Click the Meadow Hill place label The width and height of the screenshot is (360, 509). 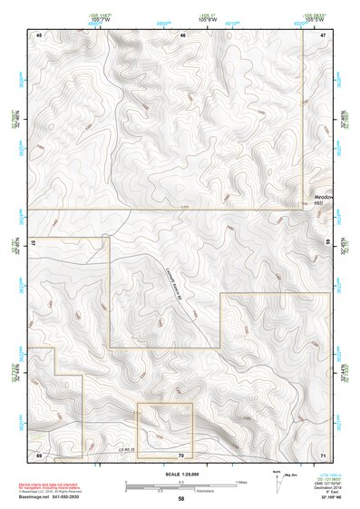coord(324,200)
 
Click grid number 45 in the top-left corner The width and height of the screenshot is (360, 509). coord(39,34)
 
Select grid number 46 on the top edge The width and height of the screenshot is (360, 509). coord(182,34)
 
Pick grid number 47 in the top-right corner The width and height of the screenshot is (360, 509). coord(323,34)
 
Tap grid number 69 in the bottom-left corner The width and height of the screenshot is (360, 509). coord(39,454)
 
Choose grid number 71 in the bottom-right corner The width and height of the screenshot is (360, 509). coord(323,454)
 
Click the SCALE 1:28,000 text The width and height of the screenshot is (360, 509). coord(181,474)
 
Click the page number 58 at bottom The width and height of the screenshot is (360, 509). coord(181,499)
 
